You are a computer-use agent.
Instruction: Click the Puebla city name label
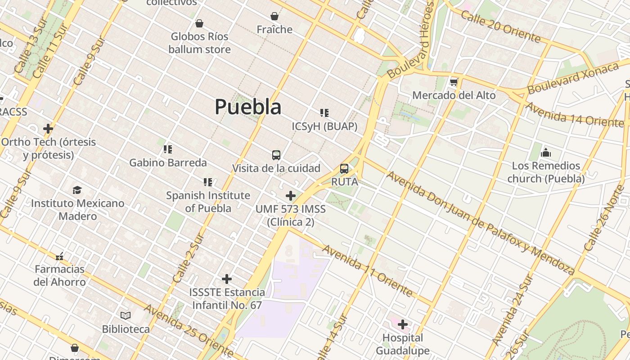248,107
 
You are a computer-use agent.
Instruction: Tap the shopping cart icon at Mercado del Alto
454,82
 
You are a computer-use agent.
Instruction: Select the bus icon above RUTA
344,169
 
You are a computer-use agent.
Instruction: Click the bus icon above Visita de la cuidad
276,155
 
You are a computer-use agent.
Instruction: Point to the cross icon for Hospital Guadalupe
403,324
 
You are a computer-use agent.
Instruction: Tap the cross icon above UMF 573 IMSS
291,196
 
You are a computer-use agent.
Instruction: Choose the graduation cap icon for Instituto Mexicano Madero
77,190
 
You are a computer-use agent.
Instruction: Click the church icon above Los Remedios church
546,153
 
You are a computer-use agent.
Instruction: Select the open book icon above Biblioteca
126,316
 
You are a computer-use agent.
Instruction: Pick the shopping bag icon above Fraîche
274,17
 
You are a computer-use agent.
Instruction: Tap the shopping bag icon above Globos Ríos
199,23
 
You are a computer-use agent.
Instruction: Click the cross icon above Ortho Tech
48,129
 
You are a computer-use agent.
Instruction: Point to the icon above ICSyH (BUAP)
324,113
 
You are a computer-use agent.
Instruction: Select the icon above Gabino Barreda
168,149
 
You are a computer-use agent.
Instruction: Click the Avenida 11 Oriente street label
367,271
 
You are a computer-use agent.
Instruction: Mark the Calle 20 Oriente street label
500,27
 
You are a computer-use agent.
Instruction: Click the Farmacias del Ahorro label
60,275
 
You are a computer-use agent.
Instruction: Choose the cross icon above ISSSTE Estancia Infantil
227,279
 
